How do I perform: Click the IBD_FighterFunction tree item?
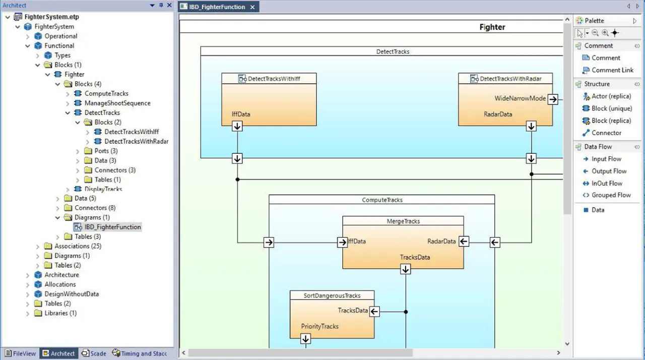click(x=112, y=227)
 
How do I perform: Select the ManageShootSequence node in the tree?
click(x=117, y=103)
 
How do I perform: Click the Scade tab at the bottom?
click(x=94, y=353)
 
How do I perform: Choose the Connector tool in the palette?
click(x=606, y=133)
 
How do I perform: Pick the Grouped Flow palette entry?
click(x=611, y=195)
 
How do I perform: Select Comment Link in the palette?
click(x=612, y=70)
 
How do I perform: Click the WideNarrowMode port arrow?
click(x=553, y=99)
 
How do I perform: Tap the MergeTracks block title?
click(x=403, y=221)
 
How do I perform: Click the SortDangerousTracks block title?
click(x=332, y=295)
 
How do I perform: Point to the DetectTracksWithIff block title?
click(x=274, y=79)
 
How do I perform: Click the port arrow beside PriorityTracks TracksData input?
click(x=374, y=312)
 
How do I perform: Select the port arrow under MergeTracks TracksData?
click(x=406, y=269)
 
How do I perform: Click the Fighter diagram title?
click(x=492, y=27)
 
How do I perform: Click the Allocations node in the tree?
click(x=60, y=284)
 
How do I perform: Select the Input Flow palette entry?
click(x=606, y=159)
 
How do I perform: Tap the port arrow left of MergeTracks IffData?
click(x=343, y=243)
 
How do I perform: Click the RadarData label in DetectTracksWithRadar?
click(x=498, y=114)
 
